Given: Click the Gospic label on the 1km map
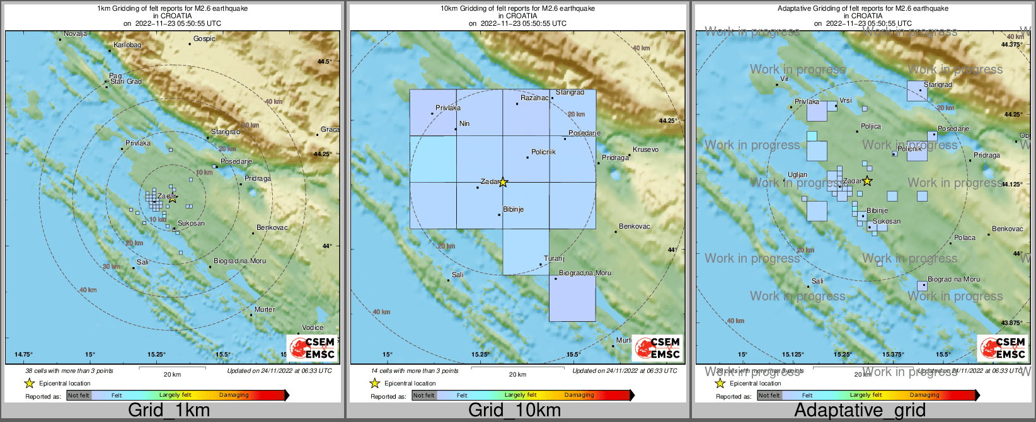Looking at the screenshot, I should [x=204, y=38].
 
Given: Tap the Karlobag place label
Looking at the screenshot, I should [x=127, y=45].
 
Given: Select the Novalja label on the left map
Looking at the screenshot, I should [x=75, y=33].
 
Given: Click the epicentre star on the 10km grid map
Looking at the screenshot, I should [x=503, y=182].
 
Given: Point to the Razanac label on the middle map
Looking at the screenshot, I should [x=534, y=98].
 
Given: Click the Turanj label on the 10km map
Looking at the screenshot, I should [x=554, y=258].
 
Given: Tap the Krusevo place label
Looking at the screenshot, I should [x=645, y=149].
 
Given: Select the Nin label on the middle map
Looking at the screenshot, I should [x=464, y=123].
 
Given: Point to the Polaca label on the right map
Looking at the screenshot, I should [x=964, y=237].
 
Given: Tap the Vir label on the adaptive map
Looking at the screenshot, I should [x=785, y=79].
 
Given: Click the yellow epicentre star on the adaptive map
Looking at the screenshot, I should [x=867, y=181].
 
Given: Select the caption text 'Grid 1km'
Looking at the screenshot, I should [x=169, y=411].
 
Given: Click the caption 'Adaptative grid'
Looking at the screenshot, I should [x=860, y=411].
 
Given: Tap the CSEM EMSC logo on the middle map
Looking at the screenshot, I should [x=657, y=348].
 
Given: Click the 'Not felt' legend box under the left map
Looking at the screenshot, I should [x=79, y=396].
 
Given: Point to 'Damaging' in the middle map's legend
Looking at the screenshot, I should [x=578, y=395].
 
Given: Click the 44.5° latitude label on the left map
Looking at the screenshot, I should [x=324, y=62].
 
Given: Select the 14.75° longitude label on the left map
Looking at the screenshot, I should [x=24, y=355].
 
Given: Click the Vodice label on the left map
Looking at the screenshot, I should [x=313, y=328].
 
